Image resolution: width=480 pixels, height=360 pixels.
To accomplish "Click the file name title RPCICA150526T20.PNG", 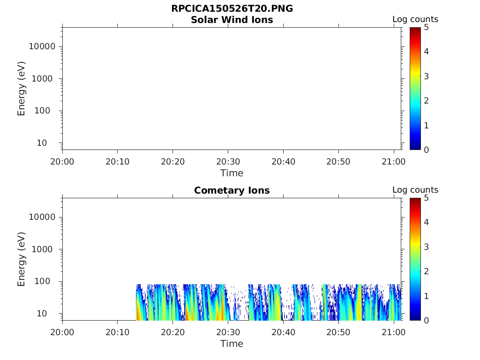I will coord(232,9).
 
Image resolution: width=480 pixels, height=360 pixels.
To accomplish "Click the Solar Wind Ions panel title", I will coord(232,20).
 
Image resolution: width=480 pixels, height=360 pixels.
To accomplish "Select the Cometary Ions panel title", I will coord(232,190).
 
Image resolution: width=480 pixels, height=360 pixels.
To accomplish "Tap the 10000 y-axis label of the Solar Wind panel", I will coord(42,46).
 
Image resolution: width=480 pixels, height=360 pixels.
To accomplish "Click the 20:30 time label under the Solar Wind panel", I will coord(228,162).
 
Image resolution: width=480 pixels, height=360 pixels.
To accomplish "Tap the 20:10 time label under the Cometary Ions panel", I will coord(118,332).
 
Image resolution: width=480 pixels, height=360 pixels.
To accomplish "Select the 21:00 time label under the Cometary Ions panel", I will coord(393,332).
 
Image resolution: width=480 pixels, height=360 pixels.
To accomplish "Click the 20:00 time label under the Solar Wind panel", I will coord(62,162).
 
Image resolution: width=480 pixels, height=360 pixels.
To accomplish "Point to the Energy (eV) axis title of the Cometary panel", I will coord(22,259).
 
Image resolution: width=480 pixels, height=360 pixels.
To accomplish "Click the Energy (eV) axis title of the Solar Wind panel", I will coord(22,88).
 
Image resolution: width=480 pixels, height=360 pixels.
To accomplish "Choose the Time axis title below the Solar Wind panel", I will coord(232,173).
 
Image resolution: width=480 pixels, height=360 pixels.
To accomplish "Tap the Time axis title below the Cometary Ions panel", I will coord(232,344).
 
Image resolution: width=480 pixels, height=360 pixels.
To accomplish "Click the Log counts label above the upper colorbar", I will coord(415,20).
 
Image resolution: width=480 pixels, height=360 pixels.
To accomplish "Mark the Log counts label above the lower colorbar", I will coord(415,190).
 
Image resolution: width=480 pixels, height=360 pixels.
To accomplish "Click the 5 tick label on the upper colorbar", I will coord(426,28).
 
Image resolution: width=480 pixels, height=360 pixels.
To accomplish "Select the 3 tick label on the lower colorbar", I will coord(426,247).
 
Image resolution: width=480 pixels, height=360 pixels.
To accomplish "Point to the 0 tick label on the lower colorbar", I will coord(426,320).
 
